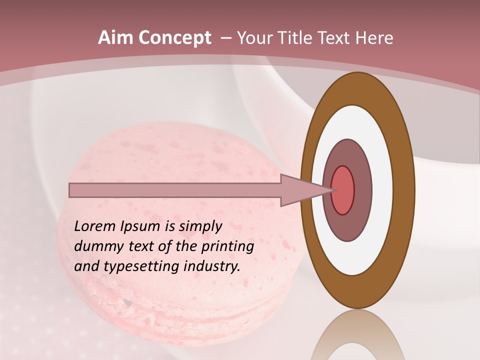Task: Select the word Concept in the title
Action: click(x=175, y=38)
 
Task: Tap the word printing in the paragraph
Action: click(x=226, y=246)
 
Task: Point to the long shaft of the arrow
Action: click(x=175, y=190)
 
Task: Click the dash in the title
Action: click(x=225, y=38)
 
